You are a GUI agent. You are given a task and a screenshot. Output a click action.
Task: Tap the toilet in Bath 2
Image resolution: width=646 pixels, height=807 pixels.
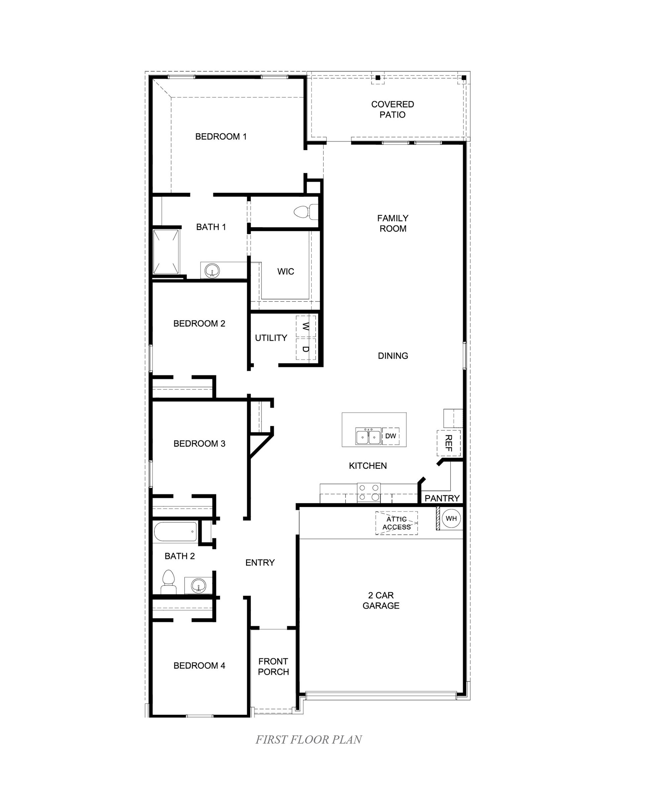(x=169, y=582)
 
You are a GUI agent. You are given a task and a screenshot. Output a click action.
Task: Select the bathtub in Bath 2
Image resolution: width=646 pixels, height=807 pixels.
(x=175, y=532)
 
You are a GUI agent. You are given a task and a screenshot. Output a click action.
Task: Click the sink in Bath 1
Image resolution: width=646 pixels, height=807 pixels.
(x=212, y=270)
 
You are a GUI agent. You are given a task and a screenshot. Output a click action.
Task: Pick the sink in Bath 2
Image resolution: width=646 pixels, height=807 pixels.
(x=199, y=585)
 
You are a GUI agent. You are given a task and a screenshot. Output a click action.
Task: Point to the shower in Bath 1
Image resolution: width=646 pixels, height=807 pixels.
(x=166, y=252)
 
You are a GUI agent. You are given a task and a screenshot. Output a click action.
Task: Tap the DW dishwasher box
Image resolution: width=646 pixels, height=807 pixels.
(x=391, y=436)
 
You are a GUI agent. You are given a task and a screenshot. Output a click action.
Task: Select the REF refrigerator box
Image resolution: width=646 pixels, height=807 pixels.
(x=448, y=443)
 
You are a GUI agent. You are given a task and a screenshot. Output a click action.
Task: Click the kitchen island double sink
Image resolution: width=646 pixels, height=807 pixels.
(x=368, y=436)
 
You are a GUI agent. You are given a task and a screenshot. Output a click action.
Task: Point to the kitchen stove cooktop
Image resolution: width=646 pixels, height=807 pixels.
(x=369, y=492)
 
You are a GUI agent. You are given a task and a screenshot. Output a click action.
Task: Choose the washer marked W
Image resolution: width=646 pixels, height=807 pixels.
(x=306, y=326)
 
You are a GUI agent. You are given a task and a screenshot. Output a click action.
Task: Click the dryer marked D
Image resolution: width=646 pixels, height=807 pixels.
(x=306, y=349)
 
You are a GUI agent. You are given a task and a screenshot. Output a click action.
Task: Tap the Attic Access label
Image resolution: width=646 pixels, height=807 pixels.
(x=397, y=523)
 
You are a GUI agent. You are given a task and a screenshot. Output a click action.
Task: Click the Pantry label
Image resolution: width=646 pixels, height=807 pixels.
(x=442, y=498)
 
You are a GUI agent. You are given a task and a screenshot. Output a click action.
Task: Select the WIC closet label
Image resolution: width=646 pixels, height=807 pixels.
(x=286, y=271)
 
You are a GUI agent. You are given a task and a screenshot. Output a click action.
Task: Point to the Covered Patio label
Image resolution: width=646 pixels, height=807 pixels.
(x=393, y=109)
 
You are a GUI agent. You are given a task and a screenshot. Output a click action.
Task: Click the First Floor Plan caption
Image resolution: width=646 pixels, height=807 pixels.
(x=309, y=739)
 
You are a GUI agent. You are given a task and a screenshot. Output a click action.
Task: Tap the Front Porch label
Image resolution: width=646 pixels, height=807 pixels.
(x=274, y=667)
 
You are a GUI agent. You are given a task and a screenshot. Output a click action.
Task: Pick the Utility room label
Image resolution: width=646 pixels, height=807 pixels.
(x=271, y=338)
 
